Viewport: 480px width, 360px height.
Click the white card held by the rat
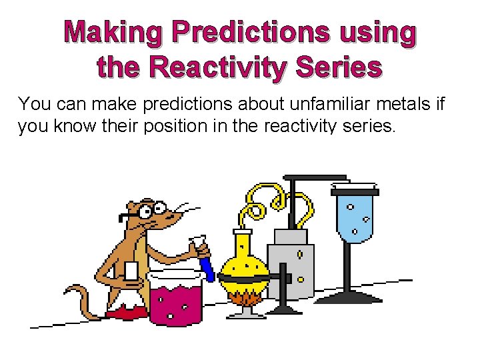click(x=131, y=271)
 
